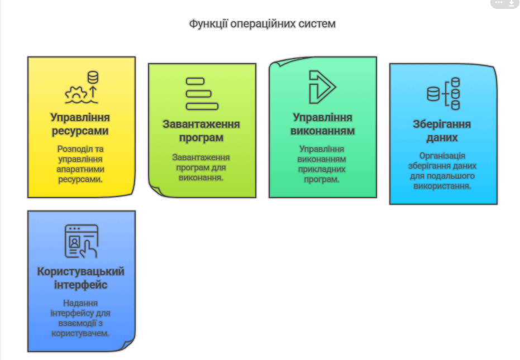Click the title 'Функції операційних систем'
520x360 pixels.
tap(263, 24)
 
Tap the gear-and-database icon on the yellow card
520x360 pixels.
tap(82, 87)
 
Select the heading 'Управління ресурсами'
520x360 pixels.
tap(80, 124)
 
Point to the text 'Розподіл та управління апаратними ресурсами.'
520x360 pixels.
tap(80, 164)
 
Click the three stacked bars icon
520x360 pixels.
tap(202, 94)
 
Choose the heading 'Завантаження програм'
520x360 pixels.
tap(201, 131)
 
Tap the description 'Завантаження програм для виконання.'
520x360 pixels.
tap(201, 167)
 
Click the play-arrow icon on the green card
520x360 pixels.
tap(322, 87)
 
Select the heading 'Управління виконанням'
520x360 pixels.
tap(322, 124)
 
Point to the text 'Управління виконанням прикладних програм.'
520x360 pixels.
tap(322, 164)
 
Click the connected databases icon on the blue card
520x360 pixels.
tap(443, 94)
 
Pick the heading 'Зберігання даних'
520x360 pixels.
tap(442, 131)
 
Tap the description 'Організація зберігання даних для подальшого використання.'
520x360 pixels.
tap(442, 171)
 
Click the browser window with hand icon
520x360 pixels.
tap(82, 241)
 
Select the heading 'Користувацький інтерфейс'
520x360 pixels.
tap(80, 278)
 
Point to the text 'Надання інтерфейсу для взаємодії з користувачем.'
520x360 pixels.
tap(80, 318)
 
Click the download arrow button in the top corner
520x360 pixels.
tap(512, 3)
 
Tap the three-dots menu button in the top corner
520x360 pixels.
tap(499, 2)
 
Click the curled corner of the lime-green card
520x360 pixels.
tap(156, 190)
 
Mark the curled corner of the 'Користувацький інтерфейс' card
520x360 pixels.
tap(128, 345)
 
